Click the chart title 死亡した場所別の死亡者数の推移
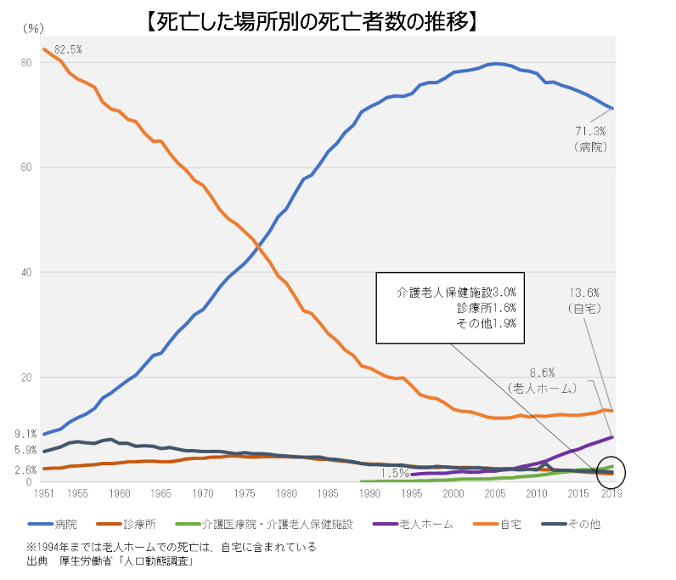point(313,21)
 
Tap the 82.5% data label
point(68,49)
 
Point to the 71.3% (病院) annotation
point(590,139)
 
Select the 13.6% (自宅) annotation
point(584,300)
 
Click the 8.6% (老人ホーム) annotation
point(542,380)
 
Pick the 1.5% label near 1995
point(395,474)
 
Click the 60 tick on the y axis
point(26,168)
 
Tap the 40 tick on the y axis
point(26,272)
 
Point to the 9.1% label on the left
point(25,434)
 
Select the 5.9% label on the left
point(25,450)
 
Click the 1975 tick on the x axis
point(245,493)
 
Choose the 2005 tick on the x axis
point(495,493)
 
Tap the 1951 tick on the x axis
point(44,493)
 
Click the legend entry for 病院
point(53,524)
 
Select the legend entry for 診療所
point(126,524)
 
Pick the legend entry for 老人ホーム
point(413,524)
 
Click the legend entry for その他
point(571,524)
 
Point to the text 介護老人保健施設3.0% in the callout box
point(457,293)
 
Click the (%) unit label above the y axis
point(33,29)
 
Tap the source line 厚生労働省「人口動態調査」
point(127,561)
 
